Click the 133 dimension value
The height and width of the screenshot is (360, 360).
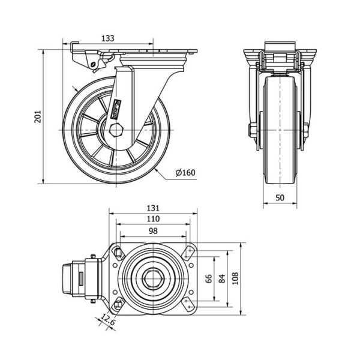(108, 38)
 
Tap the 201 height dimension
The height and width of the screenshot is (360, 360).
(37, 115)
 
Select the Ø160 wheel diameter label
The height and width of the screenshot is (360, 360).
(186, 173)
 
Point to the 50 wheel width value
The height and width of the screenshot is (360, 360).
(281, 197)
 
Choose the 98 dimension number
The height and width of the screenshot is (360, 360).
(153, 231)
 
